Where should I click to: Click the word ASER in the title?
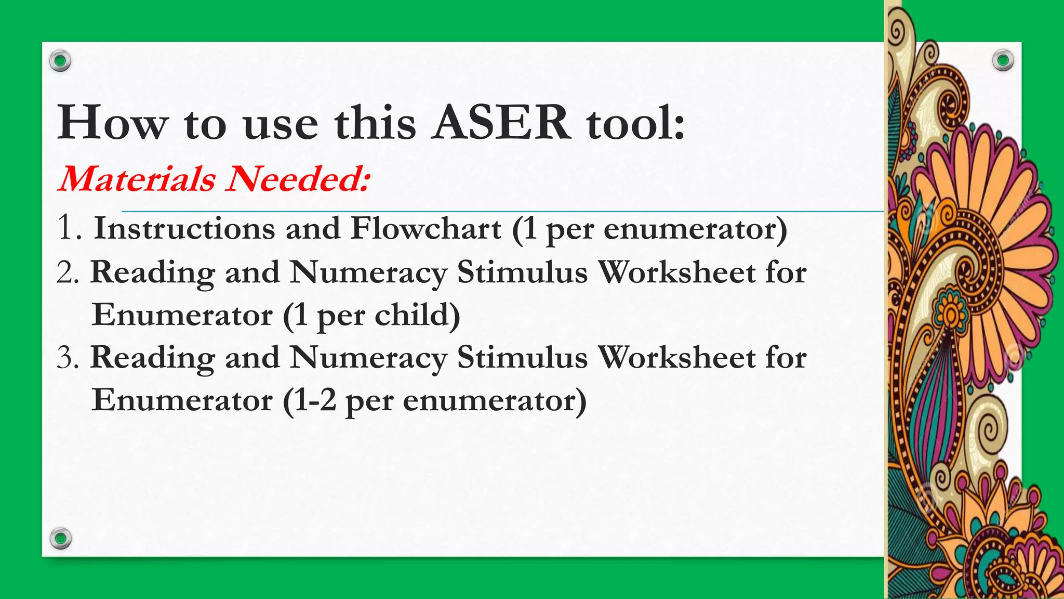click(x=501, y=123)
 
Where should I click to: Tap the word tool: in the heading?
click(x=635, y=123)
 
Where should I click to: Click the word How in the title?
click(x=113, y=123)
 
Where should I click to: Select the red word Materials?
click(x=137, y=178)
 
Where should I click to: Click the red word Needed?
click(x=298, y=178)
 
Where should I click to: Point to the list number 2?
click(x=68, y=272)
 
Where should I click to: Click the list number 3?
click(x=68, y=358)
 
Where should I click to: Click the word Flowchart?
click(x=425, y=228)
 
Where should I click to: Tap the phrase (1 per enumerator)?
click(x=649, y=229)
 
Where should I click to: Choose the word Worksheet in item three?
click(x=676, y=358)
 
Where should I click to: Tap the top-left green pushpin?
click(x=60, y=61)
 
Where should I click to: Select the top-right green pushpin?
click(x=1003, y=61)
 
